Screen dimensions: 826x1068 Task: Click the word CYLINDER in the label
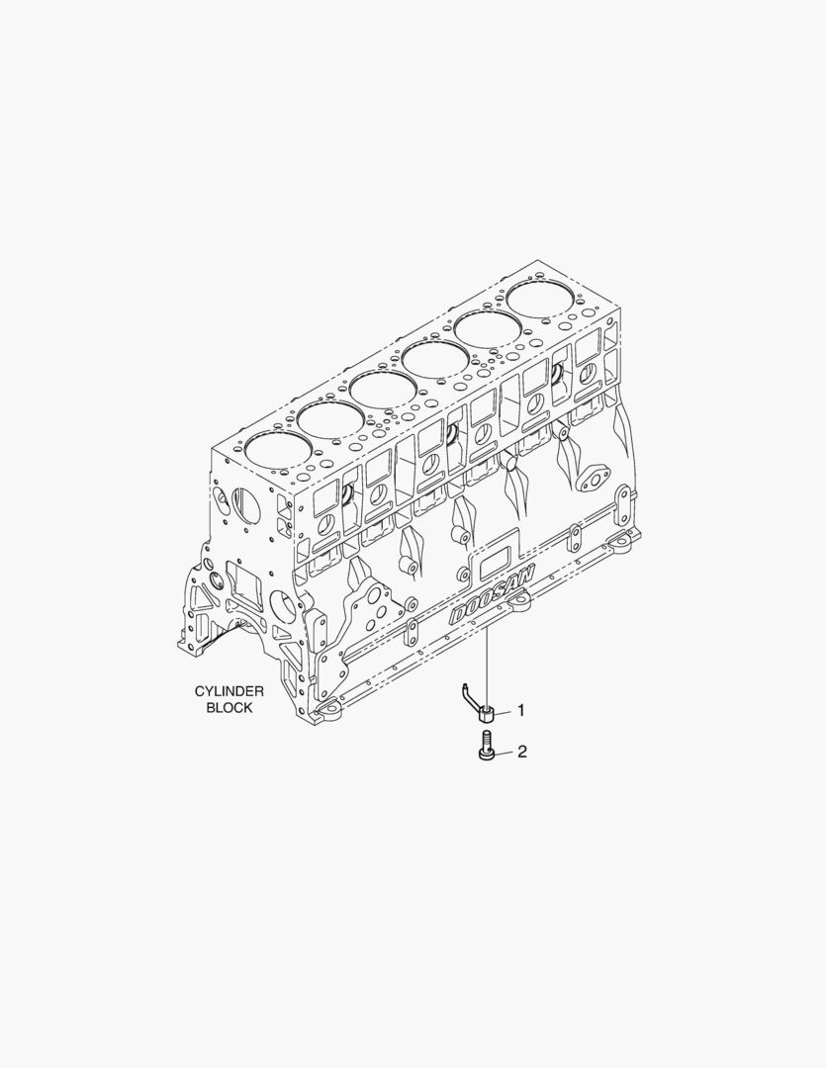click(x=229, y=691)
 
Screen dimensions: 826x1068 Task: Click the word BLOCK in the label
click(x=229, y=708)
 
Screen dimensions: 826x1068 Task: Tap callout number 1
click(x=521, y=711)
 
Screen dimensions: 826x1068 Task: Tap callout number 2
click(x=522, y=752)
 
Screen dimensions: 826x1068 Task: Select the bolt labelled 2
click(x=486, y=746)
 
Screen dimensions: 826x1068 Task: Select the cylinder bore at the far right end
click(x=540, y=297)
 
